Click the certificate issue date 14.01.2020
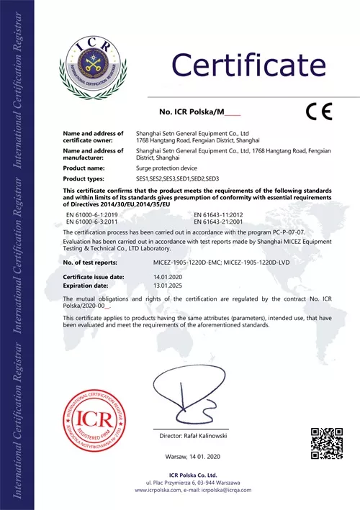click(149, 277)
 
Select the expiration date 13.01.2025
click(149, 284)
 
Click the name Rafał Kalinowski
click(210, 437)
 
